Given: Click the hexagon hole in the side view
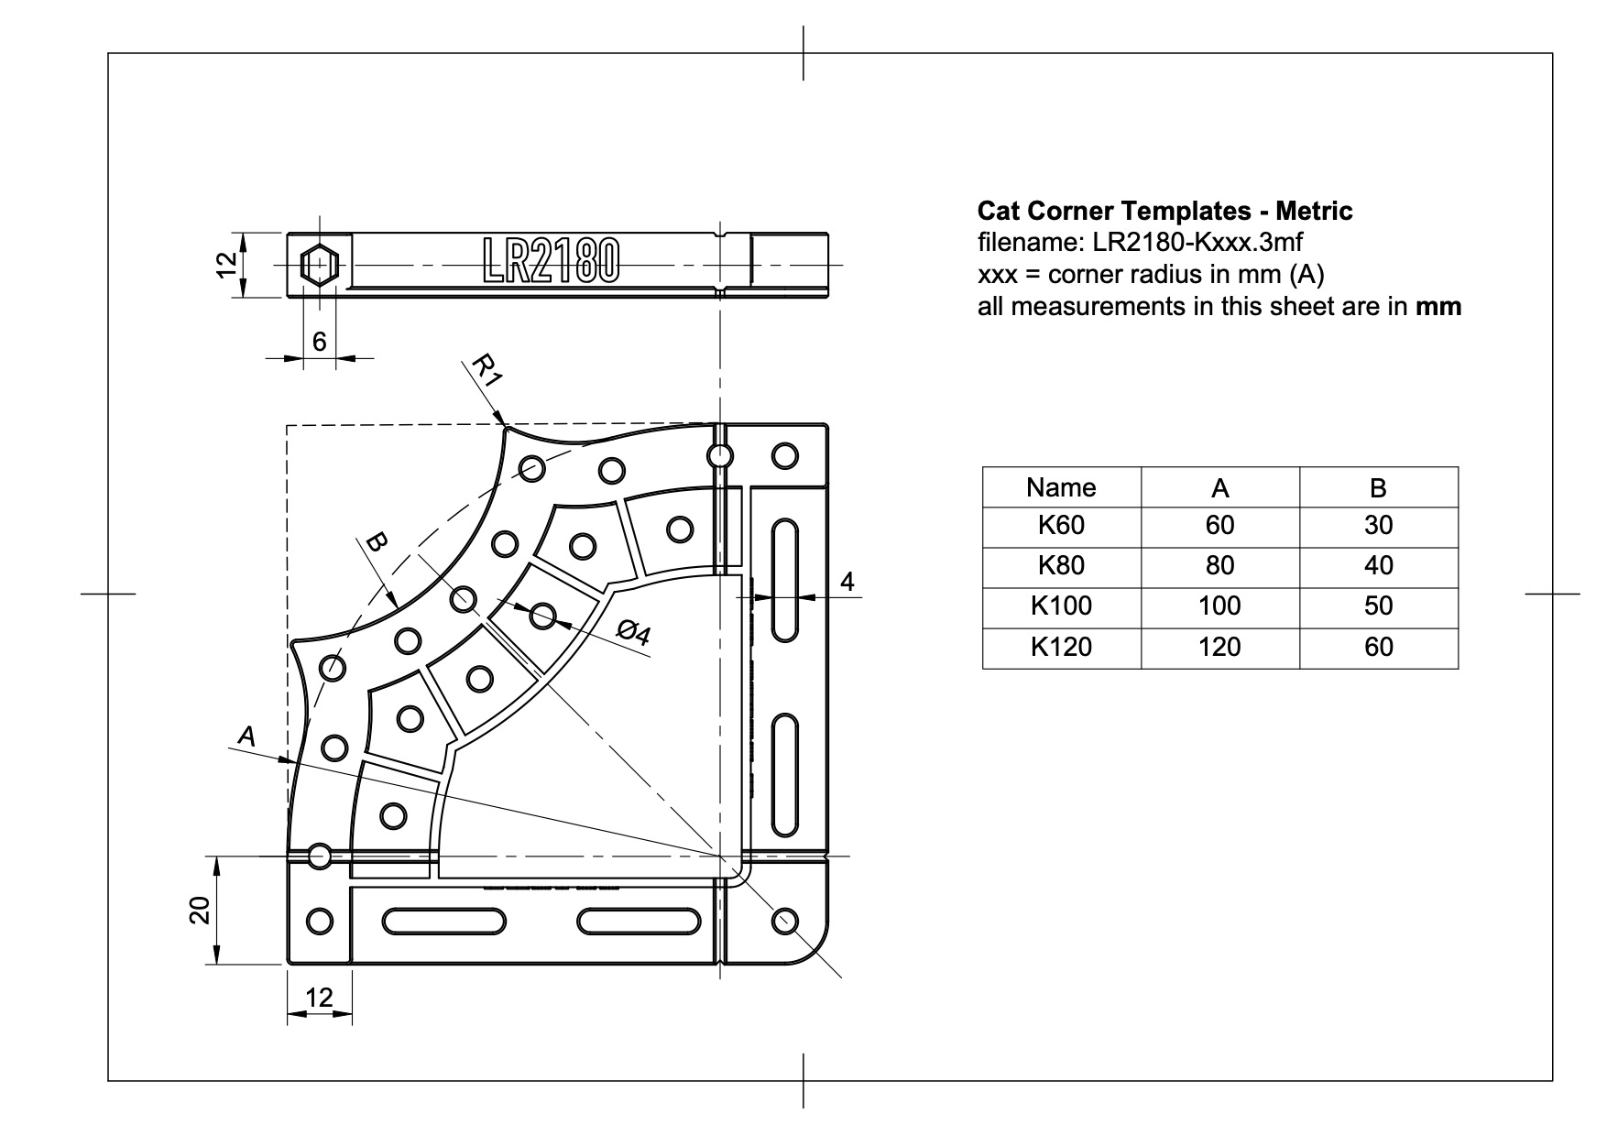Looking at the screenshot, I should [x=320, y=265].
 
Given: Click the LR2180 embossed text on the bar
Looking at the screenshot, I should [x=551, y=260].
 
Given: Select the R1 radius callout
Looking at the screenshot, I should [x=486, y=371].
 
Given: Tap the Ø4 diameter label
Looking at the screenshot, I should [x=633, y=632].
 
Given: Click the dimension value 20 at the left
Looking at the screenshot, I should [x=201, y=910].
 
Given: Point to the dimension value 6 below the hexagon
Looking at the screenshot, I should [x=319, y=342].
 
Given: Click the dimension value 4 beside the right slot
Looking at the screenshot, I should [x=847, y=582].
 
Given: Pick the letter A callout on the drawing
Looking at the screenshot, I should [x=246, y=735].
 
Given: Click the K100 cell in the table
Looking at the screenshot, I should [x=1061, y=606].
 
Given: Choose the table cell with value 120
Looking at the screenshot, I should [x=1219, y=647].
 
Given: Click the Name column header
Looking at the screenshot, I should [x=1061, y=487].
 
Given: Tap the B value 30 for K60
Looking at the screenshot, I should [x=1378, y=525].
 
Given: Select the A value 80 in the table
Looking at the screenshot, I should [x=1219, y=565].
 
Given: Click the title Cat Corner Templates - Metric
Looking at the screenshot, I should [x=1164, y=212].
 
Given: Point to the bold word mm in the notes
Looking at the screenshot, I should [x=1438, y=307].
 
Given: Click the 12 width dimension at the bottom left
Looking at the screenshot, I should [x=319, y=998].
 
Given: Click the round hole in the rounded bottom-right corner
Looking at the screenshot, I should [x=786, y=921].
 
